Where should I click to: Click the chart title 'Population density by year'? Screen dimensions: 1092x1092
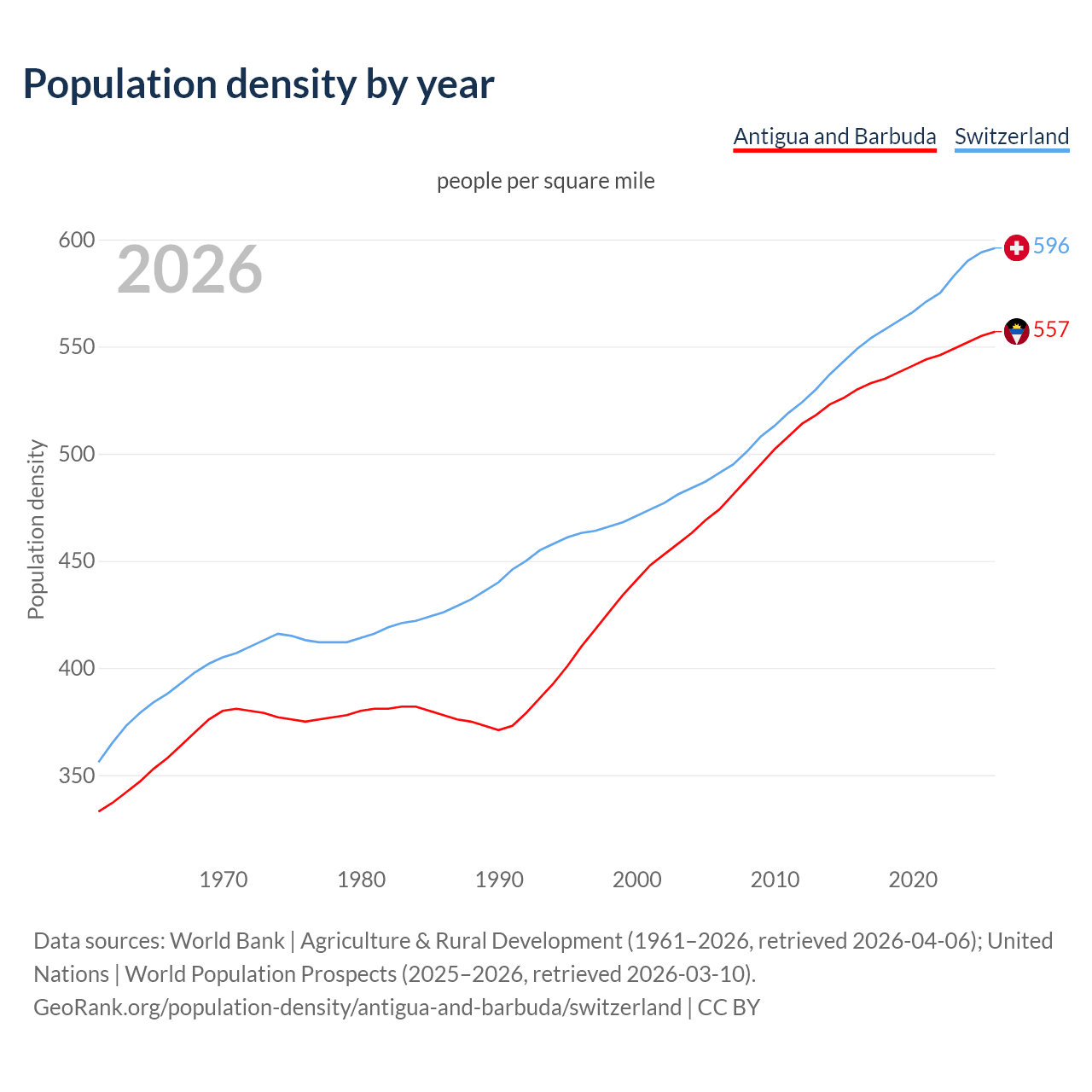(258, 84)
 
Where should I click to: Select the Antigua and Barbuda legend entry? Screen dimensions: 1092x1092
(834, 136)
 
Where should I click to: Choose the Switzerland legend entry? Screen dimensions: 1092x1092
(1011, 136)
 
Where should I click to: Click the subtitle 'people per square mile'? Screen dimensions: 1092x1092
(546, 181)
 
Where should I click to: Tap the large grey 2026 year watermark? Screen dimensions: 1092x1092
(189, 270)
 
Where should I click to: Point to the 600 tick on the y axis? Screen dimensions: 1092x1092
(76, 241)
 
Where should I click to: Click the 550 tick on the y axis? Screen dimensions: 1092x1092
(76, 347)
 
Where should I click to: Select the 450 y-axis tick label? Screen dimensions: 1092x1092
(76, 561)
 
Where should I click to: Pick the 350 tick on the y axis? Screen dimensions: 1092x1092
(76, 775)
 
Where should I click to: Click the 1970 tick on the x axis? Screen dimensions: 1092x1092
(224, 880)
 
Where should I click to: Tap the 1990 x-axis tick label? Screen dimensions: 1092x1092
(499, 880)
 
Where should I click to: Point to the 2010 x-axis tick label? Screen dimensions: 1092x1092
(775, 880)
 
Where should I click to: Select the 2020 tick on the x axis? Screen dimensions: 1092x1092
(913, 880)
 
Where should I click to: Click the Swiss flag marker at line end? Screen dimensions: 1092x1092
(1016, 247)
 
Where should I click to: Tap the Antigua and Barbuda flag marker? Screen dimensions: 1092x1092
(1016, 331)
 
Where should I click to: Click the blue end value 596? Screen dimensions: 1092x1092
(1051, 246)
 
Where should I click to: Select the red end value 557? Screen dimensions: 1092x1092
(1051, 329)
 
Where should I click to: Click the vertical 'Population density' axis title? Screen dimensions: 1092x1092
(36, 529)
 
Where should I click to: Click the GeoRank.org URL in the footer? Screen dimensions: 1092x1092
(357, 1008)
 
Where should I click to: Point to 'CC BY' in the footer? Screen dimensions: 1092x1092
(729, 1008)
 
